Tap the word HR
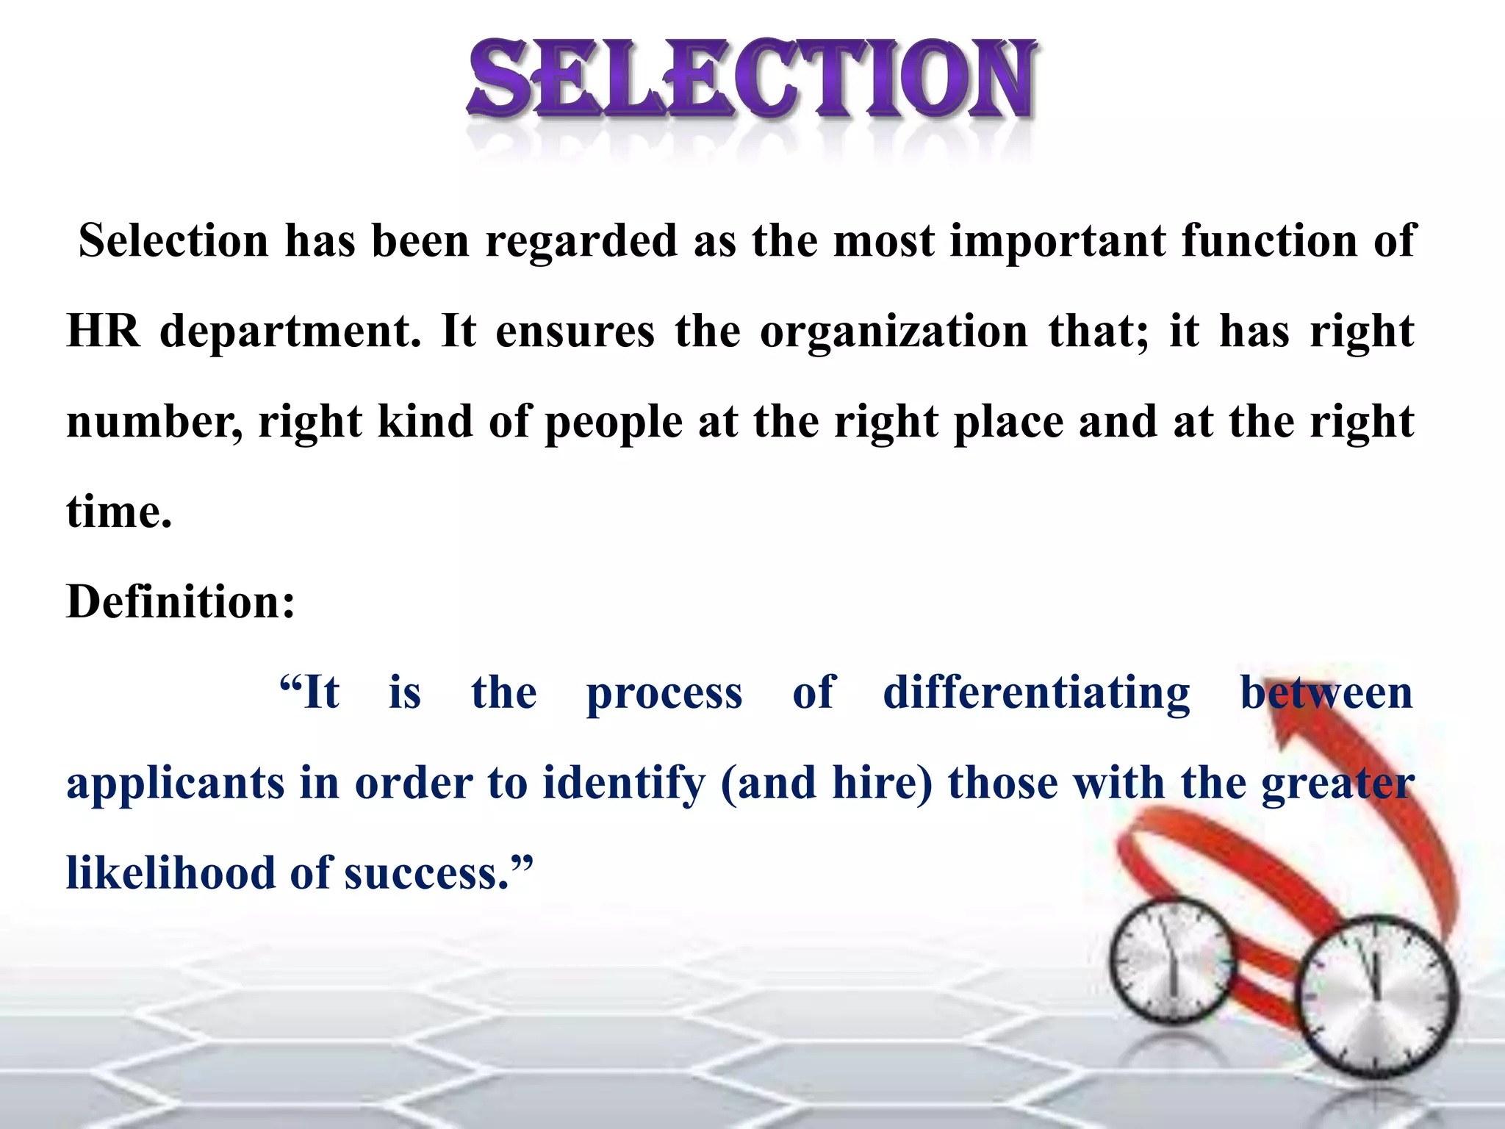point(103,331)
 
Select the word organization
point(893,331)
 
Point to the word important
point(1057,241)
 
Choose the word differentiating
point(1036,692)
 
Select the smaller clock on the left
point(1173,960)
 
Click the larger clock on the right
point(1374,997)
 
